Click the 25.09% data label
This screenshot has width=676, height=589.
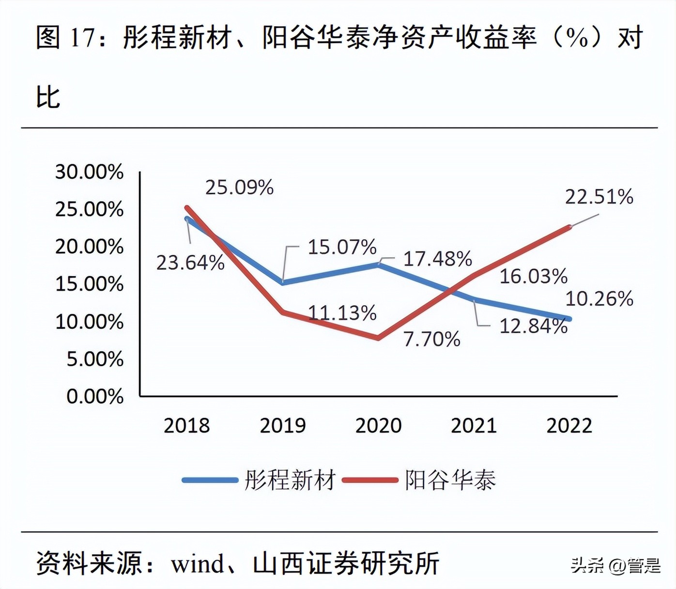[239, 187]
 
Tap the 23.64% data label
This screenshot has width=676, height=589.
[190, 263]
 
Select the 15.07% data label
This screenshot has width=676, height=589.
[342, 247]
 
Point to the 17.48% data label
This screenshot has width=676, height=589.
[437, 259]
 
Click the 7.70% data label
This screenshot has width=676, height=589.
[431, 339]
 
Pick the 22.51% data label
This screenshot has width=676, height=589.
[599, 197]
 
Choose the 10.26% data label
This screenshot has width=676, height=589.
[599, 299]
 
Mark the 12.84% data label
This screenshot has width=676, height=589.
[533, 326]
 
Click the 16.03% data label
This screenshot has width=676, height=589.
[533, 276]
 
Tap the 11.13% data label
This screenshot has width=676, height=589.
[342, 313]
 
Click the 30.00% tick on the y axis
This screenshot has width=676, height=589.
[89, 172]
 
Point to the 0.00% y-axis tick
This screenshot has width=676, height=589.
[95, 396]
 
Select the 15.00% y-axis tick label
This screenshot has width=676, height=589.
[89, 284]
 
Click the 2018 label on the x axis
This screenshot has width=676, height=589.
[186, 425]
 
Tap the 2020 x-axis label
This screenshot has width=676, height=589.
[378, 425]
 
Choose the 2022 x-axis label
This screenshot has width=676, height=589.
[569, 425]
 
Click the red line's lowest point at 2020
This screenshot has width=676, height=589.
[378, 338]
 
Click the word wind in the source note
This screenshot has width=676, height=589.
[198, 563]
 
